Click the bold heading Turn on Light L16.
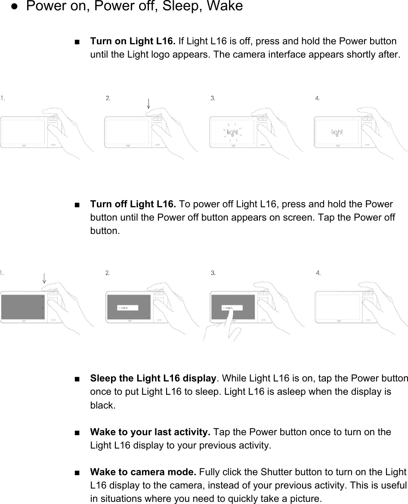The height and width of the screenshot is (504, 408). pos(133,42)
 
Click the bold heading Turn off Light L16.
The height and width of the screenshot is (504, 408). pos(134,204)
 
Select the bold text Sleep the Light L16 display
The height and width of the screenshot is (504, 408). pos(153,378)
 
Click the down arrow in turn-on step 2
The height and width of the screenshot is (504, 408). pos(148,103)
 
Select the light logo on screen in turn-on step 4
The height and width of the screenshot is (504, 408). pos(337,132)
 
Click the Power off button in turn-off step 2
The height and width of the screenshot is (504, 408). pos(127,307)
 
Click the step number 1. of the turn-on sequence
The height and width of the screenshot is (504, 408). pos(3,98)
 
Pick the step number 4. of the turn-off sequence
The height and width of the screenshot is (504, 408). pos(318,273)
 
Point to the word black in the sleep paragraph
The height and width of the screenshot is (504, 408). pos(102,405)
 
